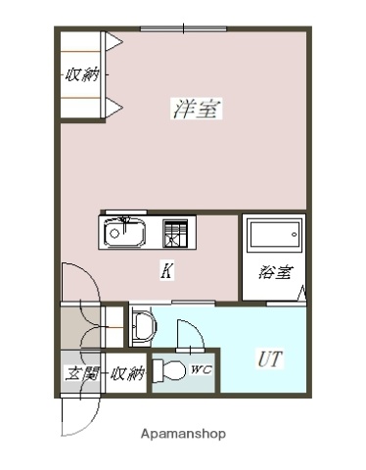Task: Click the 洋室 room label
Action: [x=197, y=110]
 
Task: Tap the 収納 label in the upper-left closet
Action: [x=81, y=74]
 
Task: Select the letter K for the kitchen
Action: [x=167, y=272]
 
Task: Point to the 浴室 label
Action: [x=275, y=273]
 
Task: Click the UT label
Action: [x=270, y=359]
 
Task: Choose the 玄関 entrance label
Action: [x=80, y=373]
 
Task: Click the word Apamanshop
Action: [x=183, y=433]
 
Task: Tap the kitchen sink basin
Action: [x=124, y=235]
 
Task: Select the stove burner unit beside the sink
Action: [x=176, y=234]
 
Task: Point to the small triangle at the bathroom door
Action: [x=302, y=292]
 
